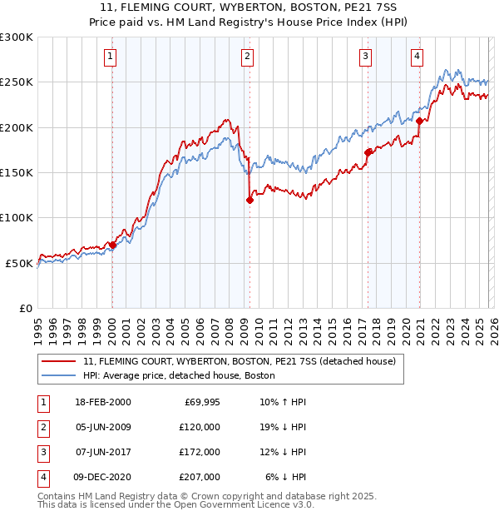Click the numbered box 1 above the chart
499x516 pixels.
point(111,57)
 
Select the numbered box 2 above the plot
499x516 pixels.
point(248,57)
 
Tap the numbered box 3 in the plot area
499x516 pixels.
point(365,57)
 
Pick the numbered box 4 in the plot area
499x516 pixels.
point(417,57)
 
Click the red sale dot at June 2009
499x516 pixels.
point(249,200)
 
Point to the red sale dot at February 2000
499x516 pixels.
point(112,245)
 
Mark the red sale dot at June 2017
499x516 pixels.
point(367,152)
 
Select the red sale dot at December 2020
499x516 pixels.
point(419,121)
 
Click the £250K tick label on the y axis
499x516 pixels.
point(17,82)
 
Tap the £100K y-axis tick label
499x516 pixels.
point(17,218)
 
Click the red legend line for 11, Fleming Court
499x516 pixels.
point(59,362)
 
